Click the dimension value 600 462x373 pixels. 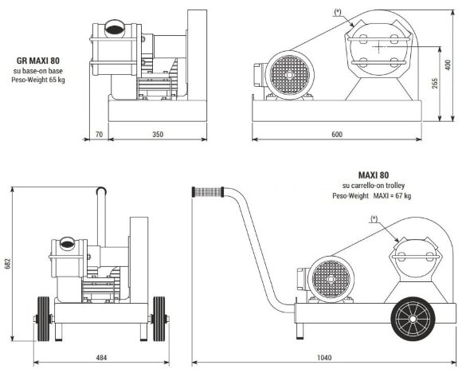click(337, 135)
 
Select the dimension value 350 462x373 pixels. click(158, 135)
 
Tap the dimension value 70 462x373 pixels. click(99, 135)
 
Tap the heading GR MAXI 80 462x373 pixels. click(39, 60)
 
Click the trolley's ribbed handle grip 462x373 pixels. click(208, 192)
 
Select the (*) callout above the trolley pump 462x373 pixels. click(374, 217)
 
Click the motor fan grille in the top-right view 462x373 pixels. click(285, 77)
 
